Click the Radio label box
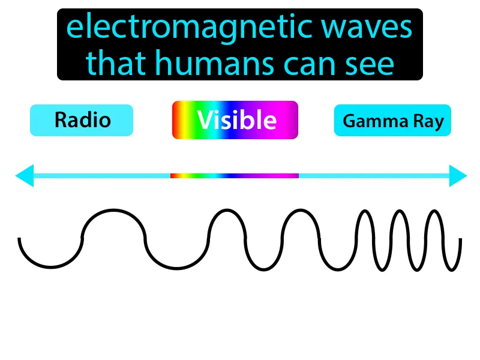(82, 120)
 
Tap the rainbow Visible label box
(235, 120)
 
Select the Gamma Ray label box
(392, 122)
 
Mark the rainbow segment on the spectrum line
(235, 176)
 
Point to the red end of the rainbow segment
(173, 176)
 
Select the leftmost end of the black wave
(20, 239)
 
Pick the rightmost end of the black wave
(461, 239)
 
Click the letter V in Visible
(205, 121)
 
